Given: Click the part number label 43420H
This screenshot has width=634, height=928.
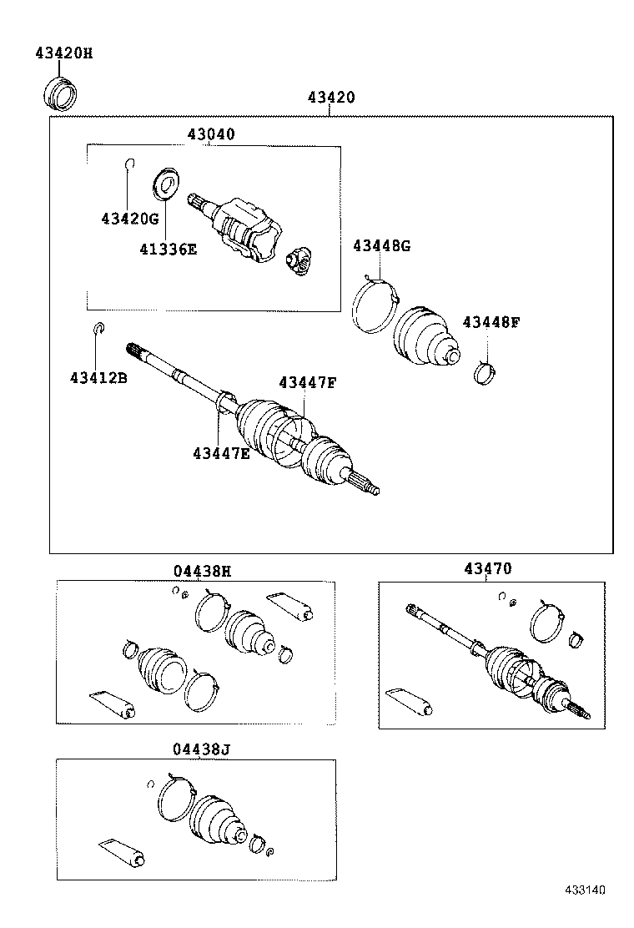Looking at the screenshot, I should click(x=63, y=53).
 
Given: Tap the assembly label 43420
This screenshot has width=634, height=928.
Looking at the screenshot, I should click(x=330, y=97).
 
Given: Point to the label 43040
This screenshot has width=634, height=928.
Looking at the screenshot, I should click(x=210, y=134).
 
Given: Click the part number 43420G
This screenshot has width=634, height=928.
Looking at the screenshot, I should click(x=129, y=219).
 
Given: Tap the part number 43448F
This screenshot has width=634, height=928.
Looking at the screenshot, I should click(x=491, y=322).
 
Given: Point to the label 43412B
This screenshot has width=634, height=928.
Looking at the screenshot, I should click(x=98, y=378).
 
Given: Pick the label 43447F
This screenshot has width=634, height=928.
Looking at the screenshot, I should click(x=307, y=382).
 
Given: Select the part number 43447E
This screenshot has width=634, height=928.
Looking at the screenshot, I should click(x=221, y=453).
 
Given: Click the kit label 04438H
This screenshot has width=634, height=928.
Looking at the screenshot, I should click(x=202, y=571).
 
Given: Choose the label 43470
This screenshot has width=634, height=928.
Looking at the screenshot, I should click(x=487, y=568).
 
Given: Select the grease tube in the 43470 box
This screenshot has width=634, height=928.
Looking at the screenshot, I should click(x=411, y=702).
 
